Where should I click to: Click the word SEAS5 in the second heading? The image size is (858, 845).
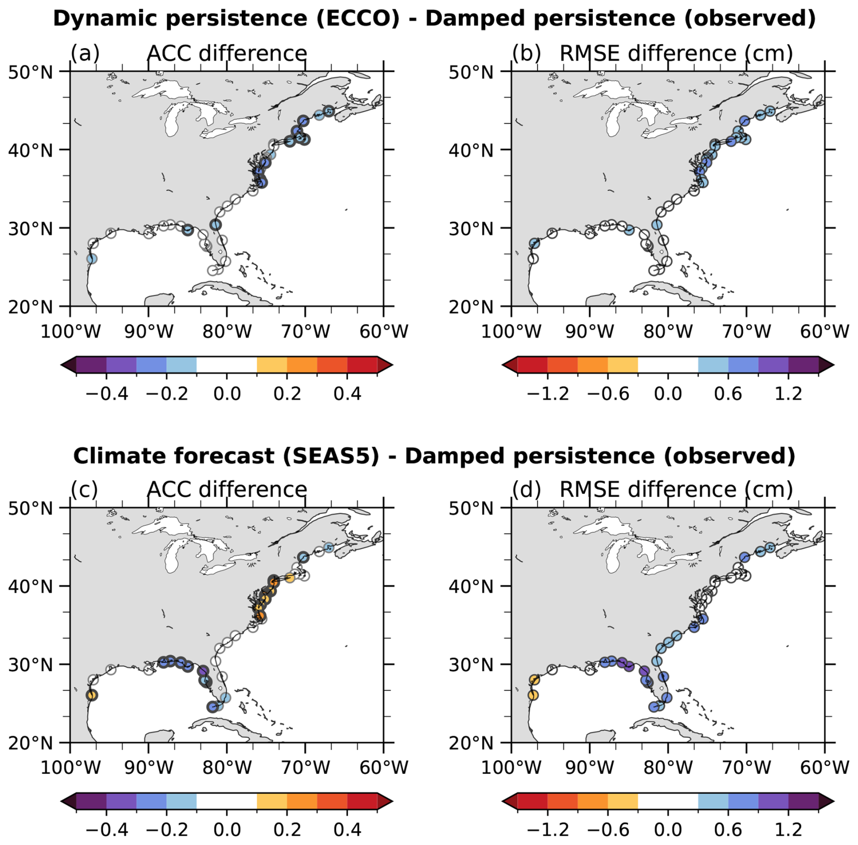331,456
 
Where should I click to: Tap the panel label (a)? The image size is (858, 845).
85,53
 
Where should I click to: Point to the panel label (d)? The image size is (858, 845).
526,490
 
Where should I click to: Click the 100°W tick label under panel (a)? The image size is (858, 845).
70,331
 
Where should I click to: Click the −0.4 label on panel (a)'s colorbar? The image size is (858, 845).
107,393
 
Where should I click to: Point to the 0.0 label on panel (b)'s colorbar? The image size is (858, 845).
668,393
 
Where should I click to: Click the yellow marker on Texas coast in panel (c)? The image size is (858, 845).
92,695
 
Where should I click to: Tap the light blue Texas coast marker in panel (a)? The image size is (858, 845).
92,259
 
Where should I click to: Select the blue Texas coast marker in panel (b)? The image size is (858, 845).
535,243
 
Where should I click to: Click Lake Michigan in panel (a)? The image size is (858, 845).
173,120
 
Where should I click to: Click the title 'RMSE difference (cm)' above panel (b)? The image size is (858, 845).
676,53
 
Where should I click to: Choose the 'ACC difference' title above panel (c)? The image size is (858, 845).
227,490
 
